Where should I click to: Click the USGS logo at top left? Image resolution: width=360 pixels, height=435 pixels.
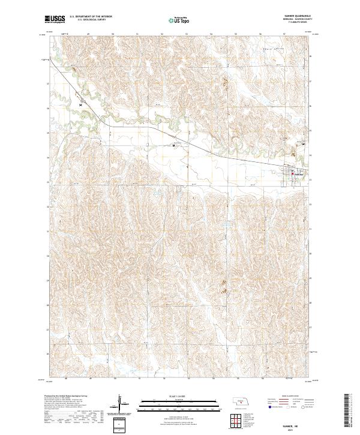[55, 20]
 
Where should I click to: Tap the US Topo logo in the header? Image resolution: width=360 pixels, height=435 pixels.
[175, 20]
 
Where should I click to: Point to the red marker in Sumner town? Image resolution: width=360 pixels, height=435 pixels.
[292, 175]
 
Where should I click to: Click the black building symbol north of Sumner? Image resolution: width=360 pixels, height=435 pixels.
[303, 143]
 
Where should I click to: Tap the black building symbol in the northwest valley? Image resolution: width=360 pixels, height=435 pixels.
[80, 104]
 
